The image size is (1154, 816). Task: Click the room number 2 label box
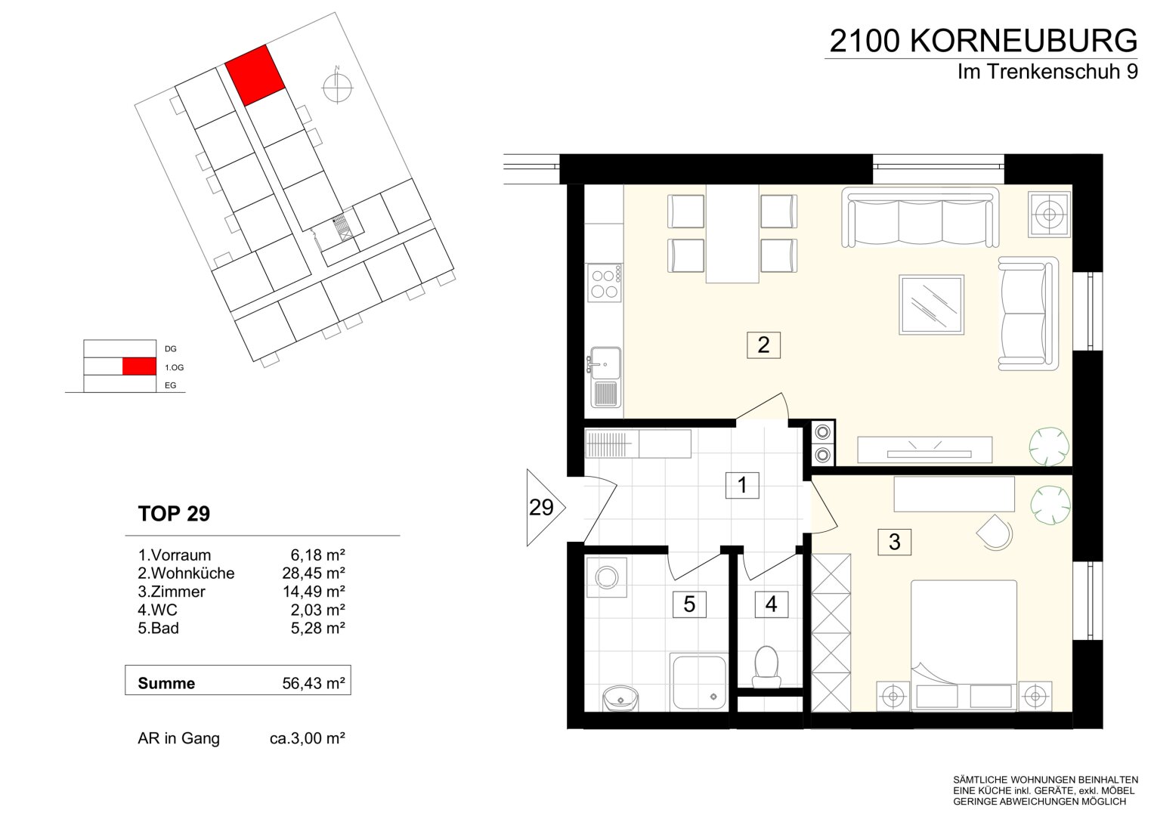[x=763, y=345]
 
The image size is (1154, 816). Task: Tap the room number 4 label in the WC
[x=771, y=604]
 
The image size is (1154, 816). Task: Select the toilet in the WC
[x=766, y=667]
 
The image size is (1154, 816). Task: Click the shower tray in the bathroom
[x=698, y=683]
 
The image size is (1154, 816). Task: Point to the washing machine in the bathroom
[x=606, y=577]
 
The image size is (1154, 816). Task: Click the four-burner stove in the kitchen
[x=604, y=283]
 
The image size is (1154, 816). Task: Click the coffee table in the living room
[x=932, y=305]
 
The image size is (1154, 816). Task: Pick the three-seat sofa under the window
[x=920, y=217]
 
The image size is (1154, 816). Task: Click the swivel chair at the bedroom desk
[x=995, y=533]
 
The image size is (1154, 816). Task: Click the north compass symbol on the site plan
[x=338, y=87]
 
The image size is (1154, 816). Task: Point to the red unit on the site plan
[x=255, y=76]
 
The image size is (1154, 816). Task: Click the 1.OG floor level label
[x=174, y=367]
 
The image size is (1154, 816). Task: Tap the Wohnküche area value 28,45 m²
[x=313, y=573]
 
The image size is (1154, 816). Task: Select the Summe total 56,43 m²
[x=313, y=683]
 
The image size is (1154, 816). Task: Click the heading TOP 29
[x=174, y=514]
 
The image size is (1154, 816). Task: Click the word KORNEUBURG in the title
[x=1024, y=42]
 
